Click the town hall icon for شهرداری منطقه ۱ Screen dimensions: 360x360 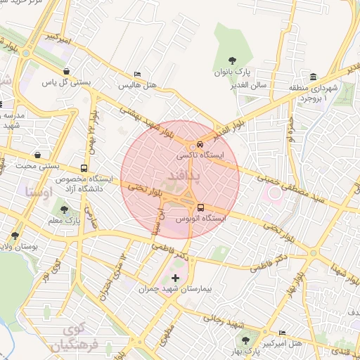click(x=313, y=77)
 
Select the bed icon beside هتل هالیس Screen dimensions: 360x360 click(x=138, y=74)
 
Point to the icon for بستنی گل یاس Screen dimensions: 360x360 click(x=66, y=71)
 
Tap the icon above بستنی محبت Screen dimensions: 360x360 click(x=37, y=155)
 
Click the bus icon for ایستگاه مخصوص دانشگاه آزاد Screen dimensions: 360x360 click(x=84, y=169)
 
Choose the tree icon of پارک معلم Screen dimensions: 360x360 click(x=65, y=210)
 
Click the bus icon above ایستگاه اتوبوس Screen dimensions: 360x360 click(x=202, y=207)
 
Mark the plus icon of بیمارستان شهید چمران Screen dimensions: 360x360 click(x=175, y=278)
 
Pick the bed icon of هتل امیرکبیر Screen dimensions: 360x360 click(x=283, y=333)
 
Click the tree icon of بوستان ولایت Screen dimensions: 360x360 click(x=15, y=236)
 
